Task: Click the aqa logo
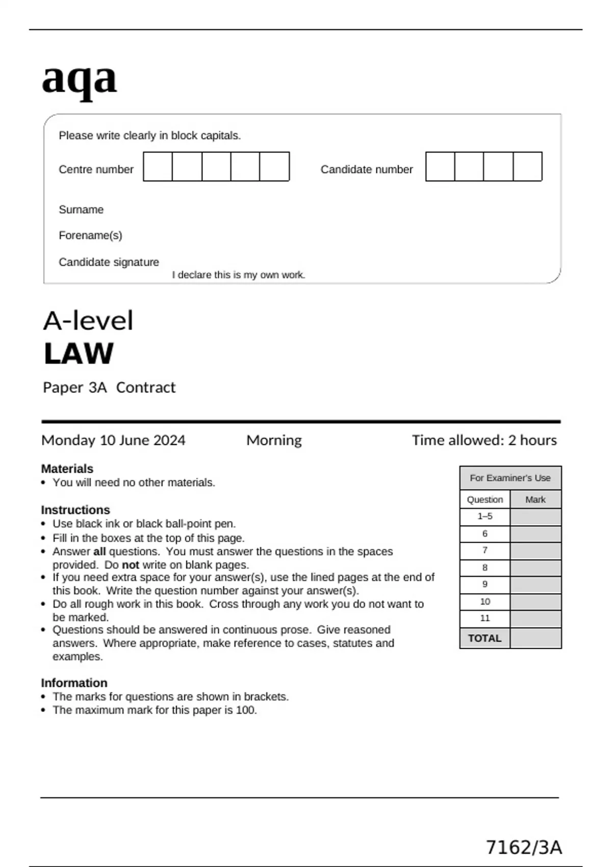79,80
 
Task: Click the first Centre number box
158,167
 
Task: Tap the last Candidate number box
527,167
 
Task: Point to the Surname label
81,210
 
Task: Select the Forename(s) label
90,236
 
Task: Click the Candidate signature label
109,262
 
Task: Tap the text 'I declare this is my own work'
238,275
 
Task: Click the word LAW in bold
79,354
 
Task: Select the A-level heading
88,321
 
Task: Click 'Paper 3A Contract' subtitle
109,388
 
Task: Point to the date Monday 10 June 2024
113,440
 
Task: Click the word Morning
274,440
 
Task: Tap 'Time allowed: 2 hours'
484,440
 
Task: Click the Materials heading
67,469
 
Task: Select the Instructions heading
75,510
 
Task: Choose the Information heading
74,683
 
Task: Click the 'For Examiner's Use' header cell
510,478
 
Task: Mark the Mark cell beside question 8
535,568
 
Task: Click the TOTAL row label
484,639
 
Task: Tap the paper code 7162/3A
524,848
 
